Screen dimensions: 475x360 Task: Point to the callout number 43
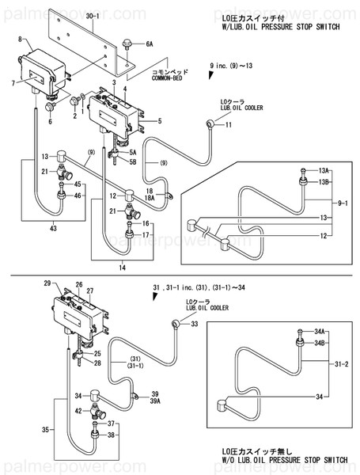52,229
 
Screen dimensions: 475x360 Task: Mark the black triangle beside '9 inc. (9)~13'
210,74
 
